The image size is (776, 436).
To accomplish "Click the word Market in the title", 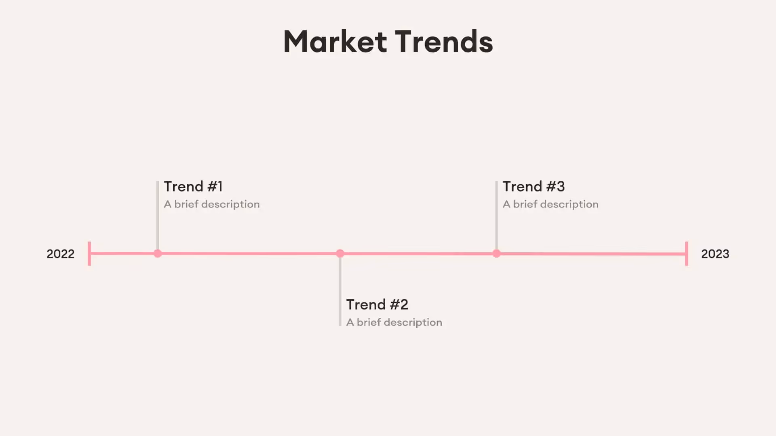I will coord(335,42).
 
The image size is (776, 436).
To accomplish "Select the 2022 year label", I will coord(61,254).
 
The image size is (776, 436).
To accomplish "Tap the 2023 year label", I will coord(715,254).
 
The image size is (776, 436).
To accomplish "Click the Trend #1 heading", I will coord(193,187).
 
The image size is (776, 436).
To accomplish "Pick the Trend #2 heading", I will coord(377,304).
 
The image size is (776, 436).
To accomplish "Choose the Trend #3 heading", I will coord(533,187).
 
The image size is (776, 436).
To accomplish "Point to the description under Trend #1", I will coord(212,204).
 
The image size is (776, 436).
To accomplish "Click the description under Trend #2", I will coord(394,322).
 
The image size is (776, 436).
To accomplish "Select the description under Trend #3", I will coord(550,204).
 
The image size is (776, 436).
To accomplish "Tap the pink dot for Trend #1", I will coord(158,254).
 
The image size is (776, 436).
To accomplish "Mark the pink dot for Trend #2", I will coord(340,254).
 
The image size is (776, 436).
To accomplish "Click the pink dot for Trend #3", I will coord(497,254).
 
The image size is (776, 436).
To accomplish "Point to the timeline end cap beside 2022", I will coord(89,254).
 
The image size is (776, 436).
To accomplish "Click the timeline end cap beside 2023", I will coord(687,254).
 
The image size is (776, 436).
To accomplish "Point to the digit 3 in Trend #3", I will coord(560,187).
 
